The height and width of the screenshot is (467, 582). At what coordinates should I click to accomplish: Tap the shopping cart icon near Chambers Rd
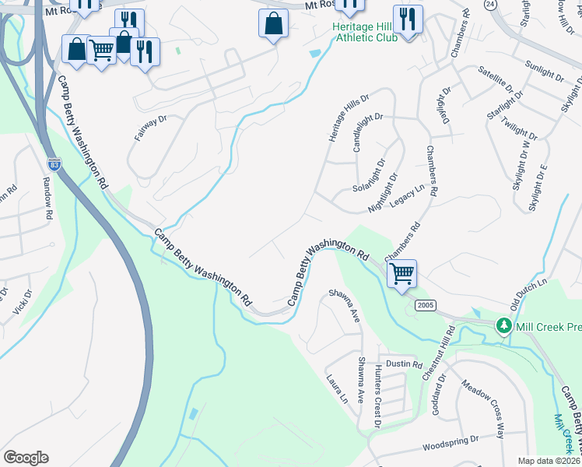(x=401, y=274)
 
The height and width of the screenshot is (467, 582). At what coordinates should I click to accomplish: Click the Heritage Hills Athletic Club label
(x=365, y=32)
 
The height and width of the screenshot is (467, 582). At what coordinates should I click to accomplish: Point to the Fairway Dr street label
(x=151, y=128)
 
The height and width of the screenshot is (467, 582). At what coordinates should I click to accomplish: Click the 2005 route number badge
(x=425, y=305)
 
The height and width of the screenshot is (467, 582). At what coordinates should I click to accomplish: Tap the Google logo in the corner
(x=26, y=457)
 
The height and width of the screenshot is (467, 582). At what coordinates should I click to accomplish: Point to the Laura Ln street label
(x=340, y=388)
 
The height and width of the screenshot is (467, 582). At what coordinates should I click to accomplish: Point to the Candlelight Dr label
(x=368, y=131)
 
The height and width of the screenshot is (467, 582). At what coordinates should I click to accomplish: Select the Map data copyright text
(x=549, y=461)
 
